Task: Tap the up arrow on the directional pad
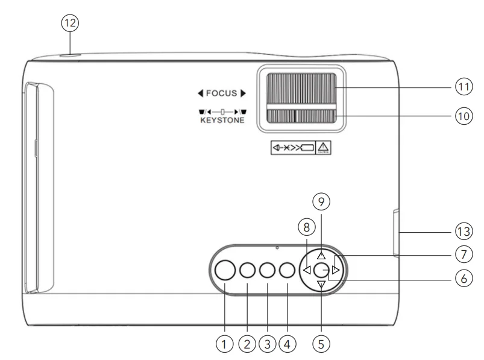(x=321, y=255)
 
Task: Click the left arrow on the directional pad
(x=307, y=270)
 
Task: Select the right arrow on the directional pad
(x=336, y=270)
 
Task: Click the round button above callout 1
(x=225, y=271)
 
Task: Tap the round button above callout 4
(x=287, y=271)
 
